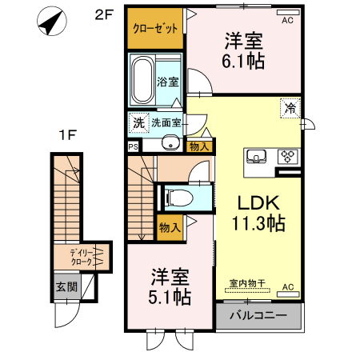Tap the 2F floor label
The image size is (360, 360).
[x=104, y=14]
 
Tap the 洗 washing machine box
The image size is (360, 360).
[x=138, y=122]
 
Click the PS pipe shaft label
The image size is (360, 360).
[x=133, y=146]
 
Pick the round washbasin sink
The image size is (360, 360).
[x=169, y=144]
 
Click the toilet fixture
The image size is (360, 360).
[x=178, y=197]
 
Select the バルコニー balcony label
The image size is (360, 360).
[x=258, y=316]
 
